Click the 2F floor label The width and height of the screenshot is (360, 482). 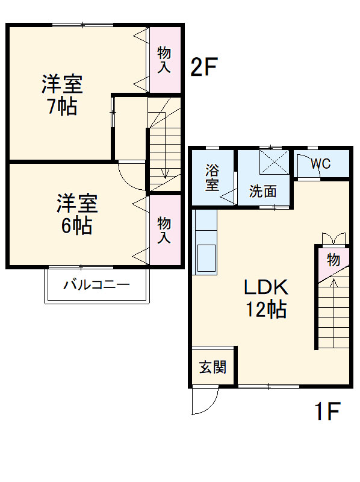point(203,67)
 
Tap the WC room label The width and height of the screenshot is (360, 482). point(320,163)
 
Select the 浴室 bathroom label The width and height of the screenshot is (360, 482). point(212,177)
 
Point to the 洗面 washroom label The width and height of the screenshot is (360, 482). point(264,192)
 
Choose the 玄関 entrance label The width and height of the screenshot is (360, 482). point(213,367)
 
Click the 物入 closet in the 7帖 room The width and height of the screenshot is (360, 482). point(164,59)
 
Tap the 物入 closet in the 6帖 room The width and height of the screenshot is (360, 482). point(164,230)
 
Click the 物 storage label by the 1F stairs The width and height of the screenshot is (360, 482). point(333,260)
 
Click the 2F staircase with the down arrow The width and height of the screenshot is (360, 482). point(164,151)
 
